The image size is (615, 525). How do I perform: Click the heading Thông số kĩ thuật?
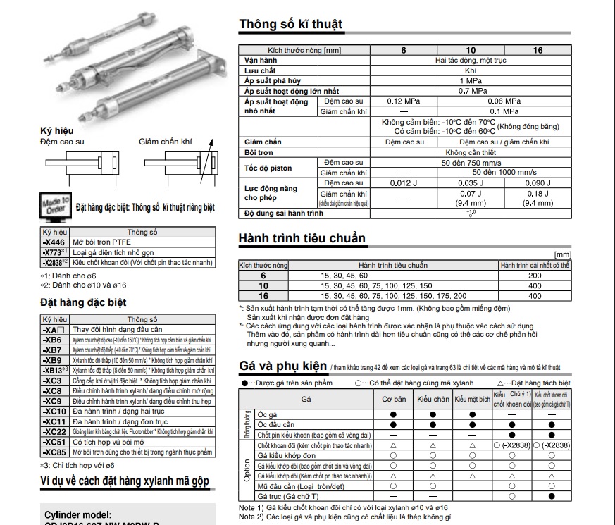[x=290, y=25]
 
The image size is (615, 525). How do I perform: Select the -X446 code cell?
[x=54, y=241]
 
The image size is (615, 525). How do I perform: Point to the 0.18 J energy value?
[x=538, y=193]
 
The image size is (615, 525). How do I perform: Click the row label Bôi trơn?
[x=259, y=152]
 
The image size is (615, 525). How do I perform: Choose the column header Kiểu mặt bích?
[x=472, y=399]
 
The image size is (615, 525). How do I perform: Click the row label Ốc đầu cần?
[x=276, y=425]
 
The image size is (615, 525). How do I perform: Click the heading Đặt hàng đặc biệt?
[x=82, y=302]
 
